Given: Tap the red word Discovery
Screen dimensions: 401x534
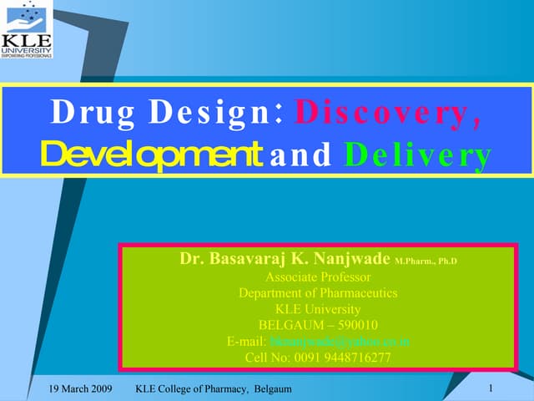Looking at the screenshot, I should click(389, 113).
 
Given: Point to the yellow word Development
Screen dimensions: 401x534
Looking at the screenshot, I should click(147, 154).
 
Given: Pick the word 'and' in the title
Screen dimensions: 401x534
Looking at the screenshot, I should click(300, 155).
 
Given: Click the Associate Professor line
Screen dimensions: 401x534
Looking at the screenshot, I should click(318, 277).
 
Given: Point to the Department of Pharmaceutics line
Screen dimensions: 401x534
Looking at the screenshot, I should click(318, 292).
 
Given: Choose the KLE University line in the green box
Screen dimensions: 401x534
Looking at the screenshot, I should click(318, 309).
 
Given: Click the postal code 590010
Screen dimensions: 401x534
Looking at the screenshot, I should click(355, 325).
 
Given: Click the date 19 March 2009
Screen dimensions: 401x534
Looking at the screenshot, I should click(80, 389).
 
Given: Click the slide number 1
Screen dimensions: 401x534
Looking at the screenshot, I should click(491, 388).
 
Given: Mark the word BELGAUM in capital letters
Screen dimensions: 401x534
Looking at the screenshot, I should click(289, 325).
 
